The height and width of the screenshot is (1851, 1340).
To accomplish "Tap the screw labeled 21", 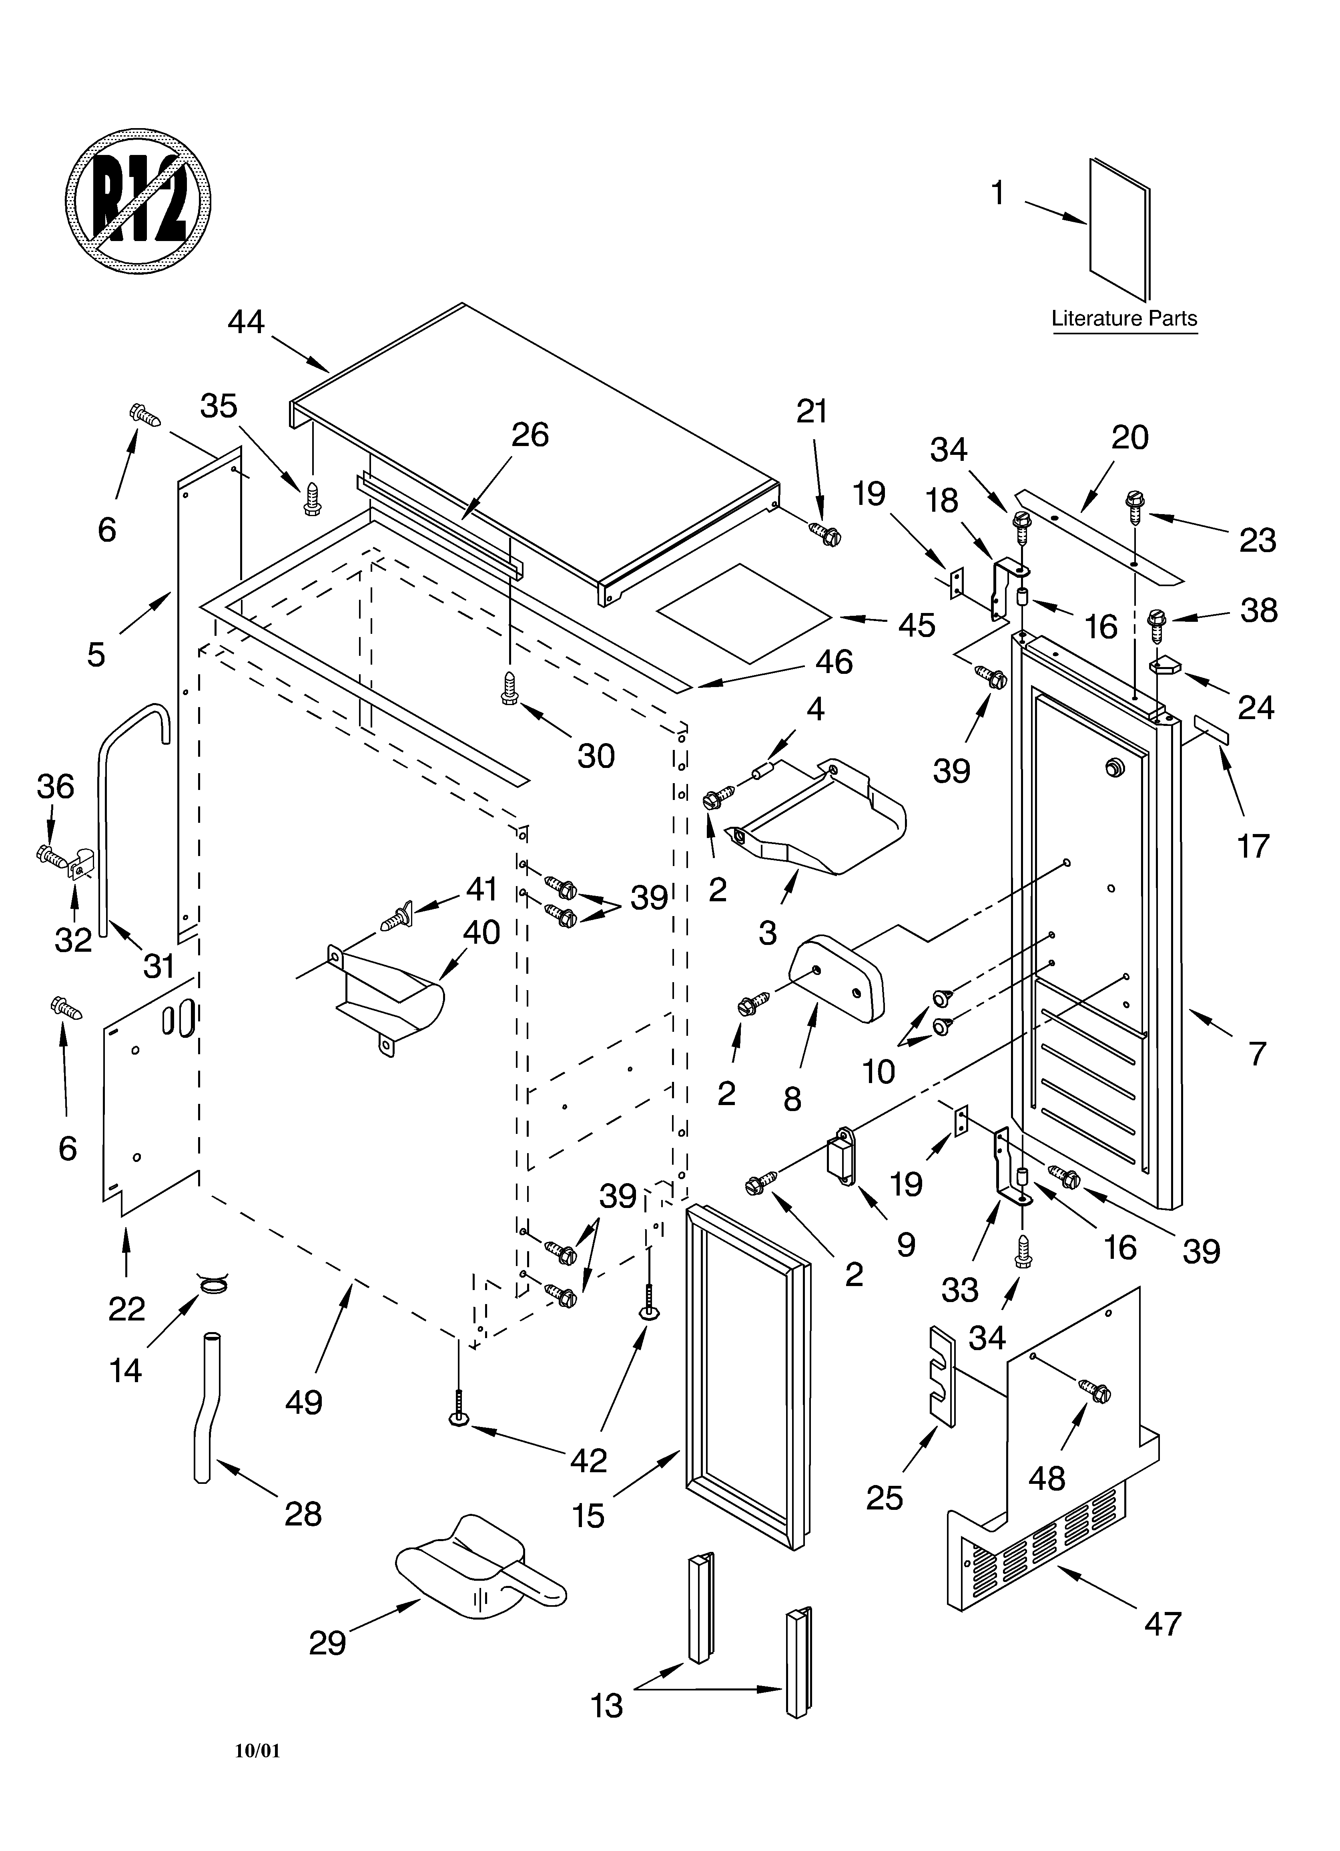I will pyautogui.click(x=825, y=535).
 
